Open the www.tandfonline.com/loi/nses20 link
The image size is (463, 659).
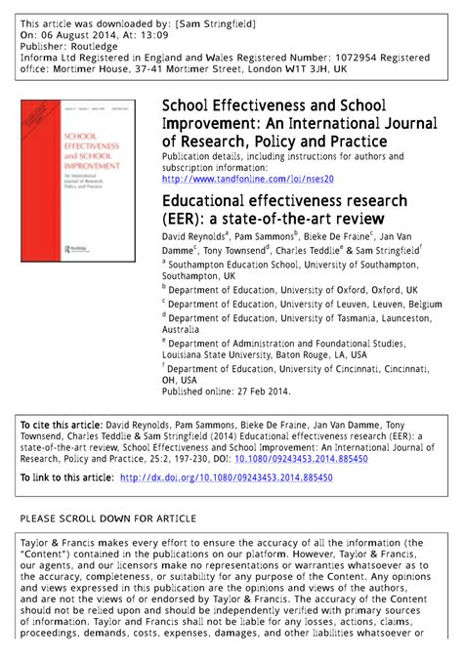(x=247, y=180)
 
